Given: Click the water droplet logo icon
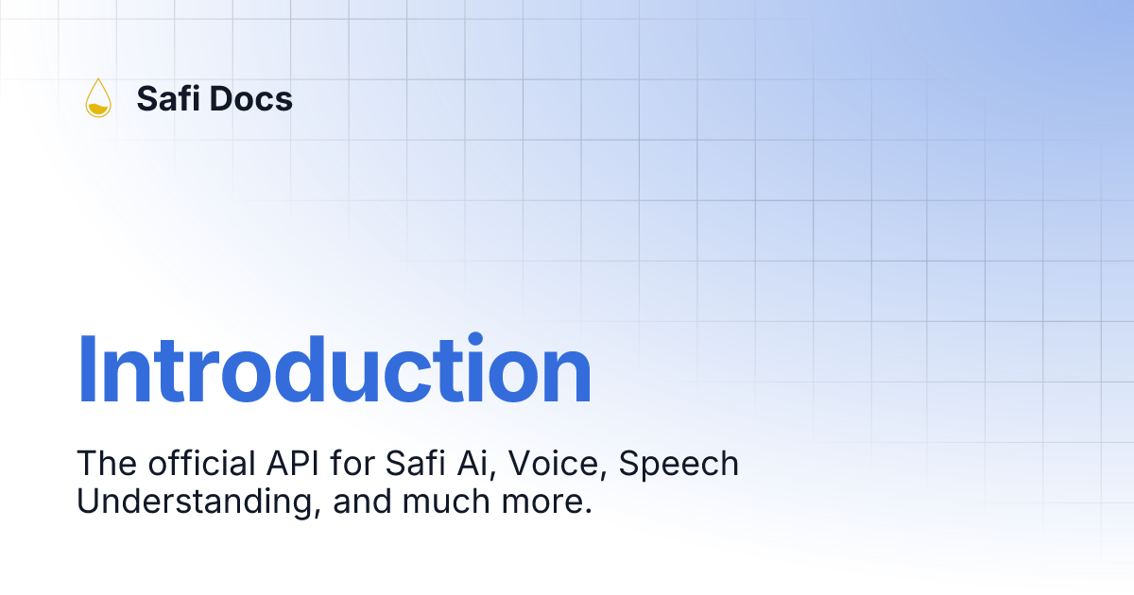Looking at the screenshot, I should pyautogui.click(x=97, y=98).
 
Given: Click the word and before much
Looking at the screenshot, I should pyautogui.click(x=362, y=501).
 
